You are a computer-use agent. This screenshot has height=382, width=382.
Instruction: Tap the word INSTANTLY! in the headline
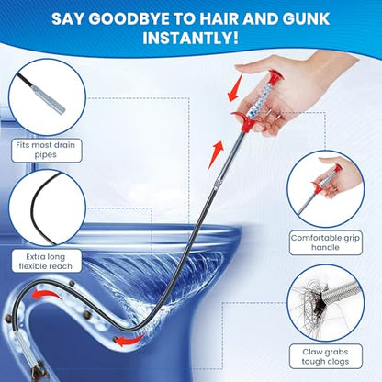pyautogui.click(x=190, y=38)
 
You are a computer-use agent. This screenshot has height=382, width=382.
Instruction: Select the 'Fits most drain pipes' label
pyautogui.click(x=47, y=150)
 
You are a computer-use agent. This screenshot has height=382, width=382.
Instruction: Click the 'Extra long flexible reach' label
pyautogui.click(x=47, y=262)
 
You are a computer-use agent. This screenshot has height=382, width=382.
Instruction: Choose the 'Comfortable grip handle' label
pyautogui.click(x=326, y=242)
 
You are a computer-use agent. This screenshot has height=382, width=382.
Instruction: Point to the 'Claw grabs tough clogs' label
pyautogui.click(x=326, y=356)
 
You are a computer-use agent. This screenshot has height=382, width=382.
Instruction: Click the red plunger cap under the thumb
pyautogui.click(x=275, y=75)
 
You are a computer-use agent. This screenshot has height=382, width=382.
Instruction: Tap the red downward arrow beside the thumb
pyautogui.click(x=234, y=88)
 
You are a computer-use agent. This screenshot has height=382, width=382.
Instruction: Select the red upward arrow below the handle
pyautogui.click(x=216, y=155)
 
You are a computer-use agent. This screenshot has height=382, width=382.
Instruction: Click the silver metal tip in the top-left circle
pyautogui.click(x=49, y=99)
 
